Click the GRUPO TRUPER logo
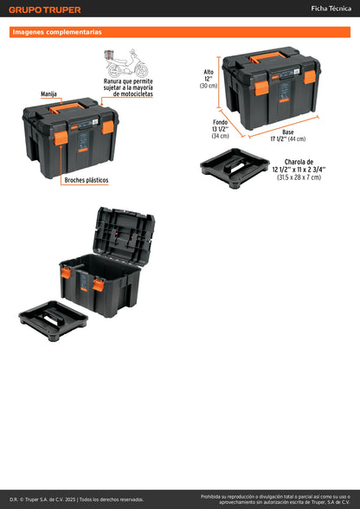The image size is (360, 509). point(45,10)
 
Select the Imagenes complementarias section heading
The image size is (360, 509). point(57,32)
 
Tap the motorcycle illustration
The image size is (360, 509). point(125,65)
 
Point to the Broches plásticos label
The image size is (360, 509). point(86,180)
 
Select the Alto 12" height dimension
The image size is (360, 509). point(208,79)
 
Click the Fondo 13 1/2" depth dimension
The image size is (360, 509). point(220,127)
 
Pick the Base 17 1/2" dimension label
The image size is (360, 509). point(288,135)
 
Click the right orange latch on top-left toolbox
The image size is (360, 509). point(108,127)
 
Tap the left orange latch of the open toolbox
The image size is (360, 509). point(65,274)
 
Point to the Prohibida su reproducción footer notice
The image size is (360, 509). point(275,499)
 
